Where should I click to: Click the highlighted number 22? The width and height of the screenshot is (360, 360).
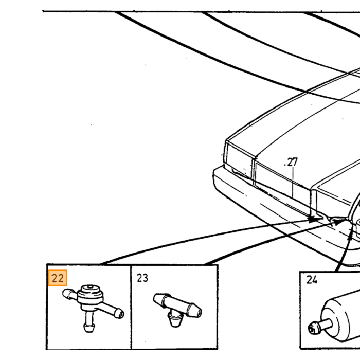58,278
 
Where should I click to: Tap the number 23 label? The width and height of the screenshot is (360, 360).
142,278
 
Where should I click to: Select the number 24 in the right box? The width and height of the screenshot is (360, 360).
312,280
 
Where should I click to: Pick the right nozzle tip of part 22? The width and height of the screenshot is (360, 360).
120,314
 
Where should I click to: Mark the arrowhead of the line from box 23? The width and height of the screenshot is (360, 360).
338,222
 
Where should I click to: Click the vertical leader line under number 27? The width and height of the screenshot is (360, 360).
293,182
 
